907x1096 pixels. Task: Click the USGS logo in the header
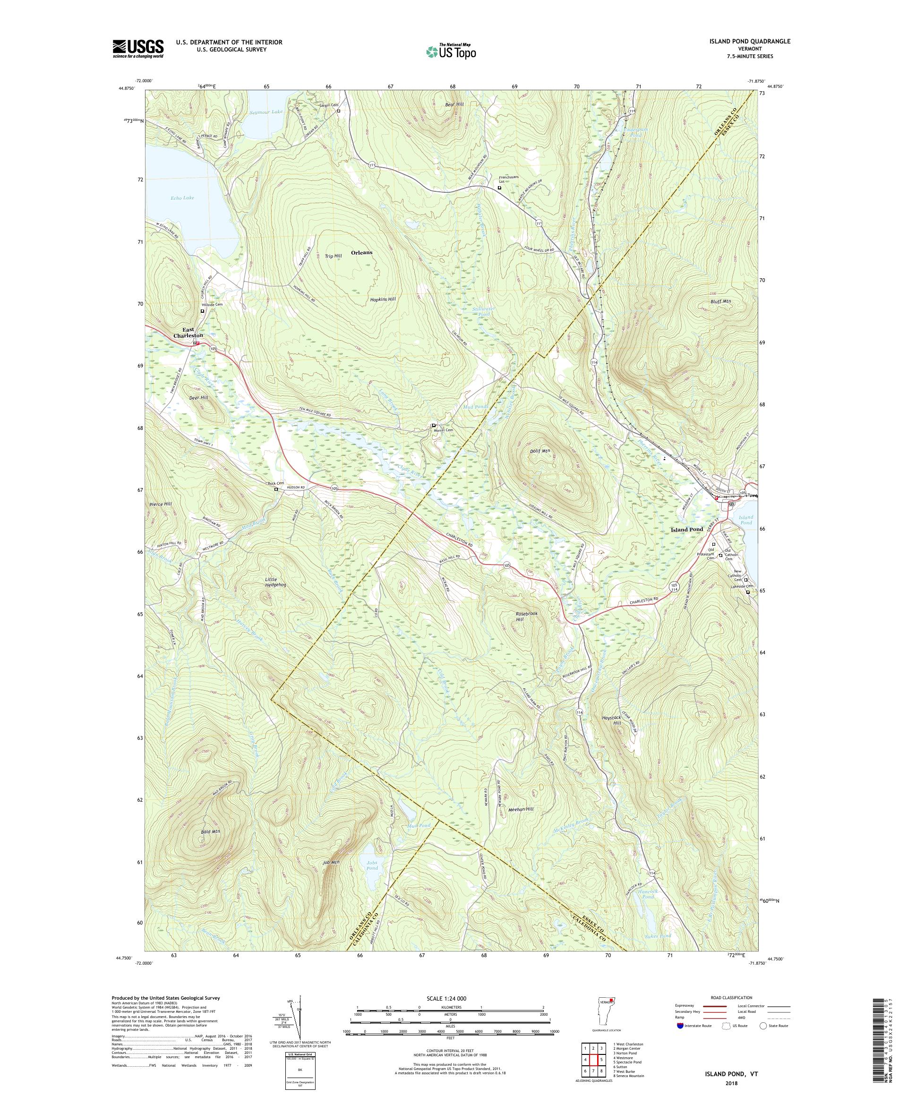point(138,49)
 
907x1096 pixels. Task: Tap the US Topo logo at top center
point(451,51)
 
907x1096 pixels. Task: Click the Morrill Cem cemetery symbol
point(434,425)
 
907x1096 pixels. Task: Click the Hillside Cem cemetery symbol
point(203,311)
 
